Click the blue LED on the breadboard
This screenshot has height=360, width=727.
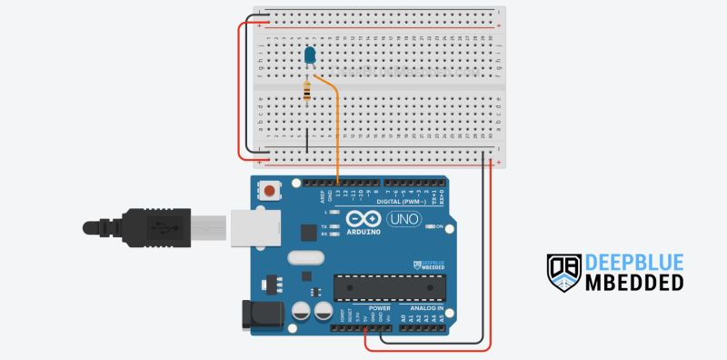coord(311,55)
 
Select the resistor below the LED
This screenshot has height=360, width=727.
coord(307,91)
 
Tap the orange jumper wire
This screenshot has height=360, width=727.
coord(337,127)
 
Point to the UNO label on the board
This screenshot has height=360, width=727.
coord(403,219)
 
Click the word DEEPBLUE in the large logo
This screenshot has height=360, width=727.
coord(633,263)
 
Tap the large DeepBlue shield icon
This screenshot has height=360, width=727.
coord(563,273)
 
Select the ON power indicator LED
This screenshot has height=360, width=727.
coord(431,226)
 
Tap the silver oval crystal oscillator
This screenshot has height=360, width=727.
coord(304,257)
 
